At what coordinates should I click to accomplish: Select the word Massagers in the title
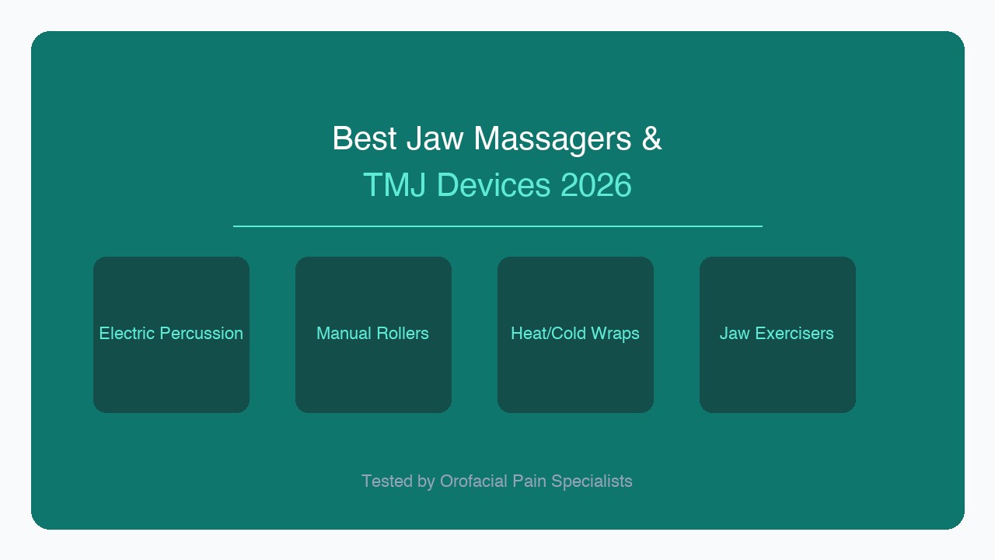[553, 138]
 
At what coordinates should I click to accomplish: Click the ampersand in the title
[652, 138]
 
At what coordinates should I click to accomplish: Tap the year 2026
[595, 185]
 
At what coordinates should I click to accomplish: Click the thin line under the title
[497, 226]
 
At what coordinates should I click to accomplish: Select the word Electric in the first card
[126, 333]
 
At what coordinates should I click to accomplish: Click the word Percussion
[201, 333]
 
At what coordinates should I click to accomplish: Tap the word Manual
[344, 333]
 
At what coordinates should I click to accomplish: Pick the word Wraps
[615, 333]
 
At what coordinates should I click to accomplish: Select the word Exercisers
[794, 333]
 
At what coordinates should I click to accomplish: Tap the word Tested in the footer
[387, 481]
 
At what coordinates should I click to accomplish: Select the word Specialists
[592, 481]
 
